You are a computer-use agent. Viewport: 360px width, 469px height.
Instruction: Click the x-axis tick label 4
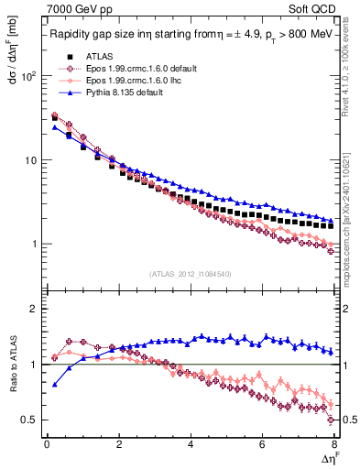click(x=191, y=444)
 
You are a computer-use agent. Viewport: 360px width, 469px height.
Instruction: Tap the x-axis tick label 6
click(x=263, y=444)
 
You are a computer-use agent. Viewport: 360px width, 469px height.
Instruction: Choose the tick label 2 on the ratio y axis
click(x=33, y=310)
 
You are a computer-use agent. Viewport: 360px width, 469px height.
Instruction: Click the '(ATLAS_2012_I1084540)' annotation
click(x=190, y=272)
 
